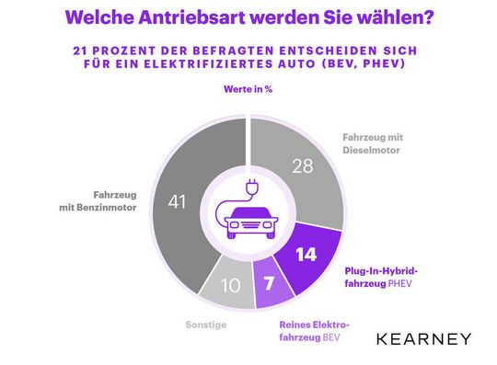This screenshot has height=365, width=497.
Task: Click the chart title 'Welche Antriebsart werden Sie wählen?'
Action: [248, 17]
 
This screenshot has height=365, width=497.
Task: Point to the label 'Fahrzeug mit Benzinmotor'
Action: [116, 201]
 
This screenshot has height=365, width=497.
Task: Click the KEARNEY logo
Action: [423, 339]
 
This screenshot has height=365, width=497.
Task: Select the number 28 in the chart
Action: [302, 165]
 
